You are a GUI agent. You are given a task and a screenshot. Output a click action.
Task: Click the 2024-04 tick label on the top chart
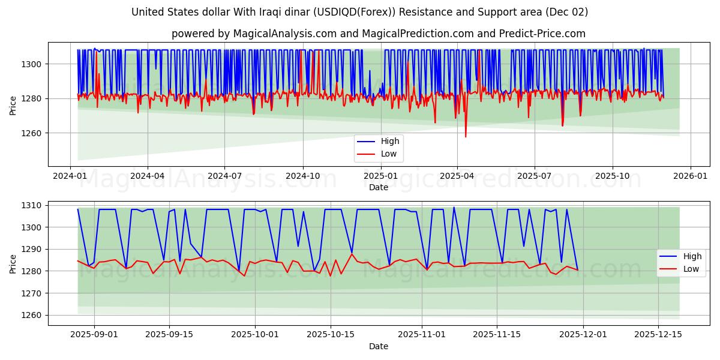[x=148, y=176]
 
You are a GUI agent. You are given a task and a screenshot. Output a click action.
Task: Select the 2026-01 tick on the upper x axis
[x=690, y=176]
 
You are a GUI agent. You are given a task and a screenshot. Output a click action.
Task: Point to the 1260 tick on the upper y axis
[x=34, y=133]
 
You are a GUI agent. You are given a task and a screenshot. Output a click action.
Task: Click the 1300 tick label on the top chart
[x=34, y=64]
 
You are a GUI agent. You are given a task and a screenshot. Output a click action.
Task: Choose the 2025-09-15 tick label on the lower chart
[x=169, y=335]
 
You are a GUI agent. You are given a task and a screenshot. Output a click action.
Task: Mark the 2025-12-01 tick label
[x=583, y=335]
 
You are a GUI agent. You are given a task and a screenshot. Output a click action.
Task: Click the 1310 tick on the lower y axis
[x=34, y=205]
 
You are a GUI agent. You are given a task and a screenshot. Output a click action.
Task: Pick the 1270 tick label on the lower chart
[x=34, y=293]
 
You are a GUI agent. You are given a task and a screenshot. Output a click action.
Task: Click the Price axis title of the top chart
[x=13, y=104]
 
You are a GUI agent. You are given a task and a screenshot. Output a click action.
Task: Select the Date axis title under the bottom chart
[x=379, y=346]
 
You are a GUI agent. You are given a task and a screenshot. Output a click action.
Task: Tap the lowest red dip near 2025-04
[x=466, y=137]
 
